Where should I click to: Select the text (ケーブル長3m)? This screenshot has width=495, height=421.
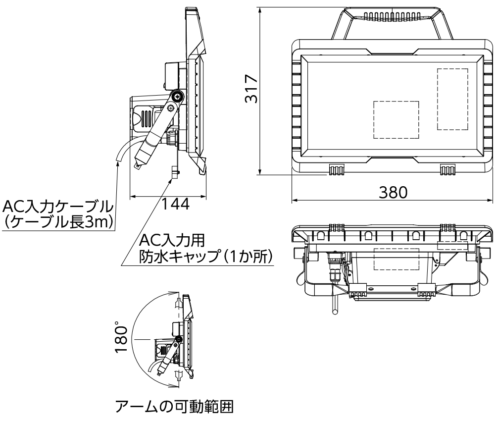pos(58,222)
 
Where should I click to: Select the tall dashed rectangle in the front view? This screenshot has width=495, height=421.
pos(452,99)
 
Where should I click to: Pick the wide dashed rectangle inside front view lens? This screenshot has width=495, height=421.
pos(396,119)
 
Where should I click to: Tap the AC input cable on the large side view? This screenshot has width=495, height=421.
pos(124,149)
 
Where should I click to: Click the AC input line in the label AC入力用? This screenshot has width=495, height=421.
pos(171,240)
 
